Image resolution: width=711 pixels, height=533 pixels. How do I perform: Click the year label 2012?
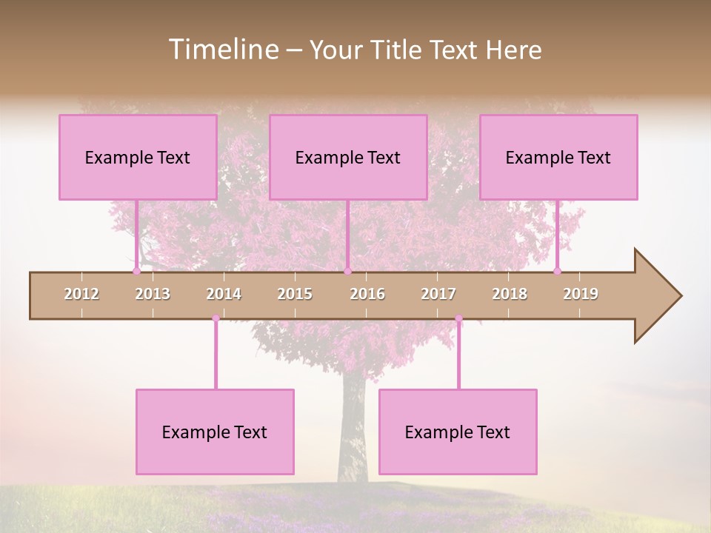[81, 294]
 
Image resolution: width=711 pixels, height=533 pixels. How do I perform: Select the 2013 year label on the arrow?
[153, 294]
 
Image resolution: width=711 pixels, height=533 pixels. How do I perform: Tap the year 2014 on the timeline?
[224, 294]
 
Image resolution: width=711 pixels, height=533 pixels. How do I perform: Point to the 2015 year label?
[295, 294]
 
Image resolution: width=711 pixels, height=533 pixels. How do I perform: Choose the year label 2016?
[367, 294]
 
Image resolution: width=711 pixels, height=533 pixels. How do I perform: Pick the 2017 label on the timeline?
[438, 294]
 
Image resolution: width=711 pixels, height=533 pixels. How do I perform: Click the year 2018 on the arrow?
[510, 294]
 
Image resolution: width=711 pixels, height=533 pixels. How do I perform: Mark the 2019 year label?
[581, 294]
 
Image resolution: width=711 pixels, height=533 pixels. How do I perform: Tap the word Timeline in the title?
[222, 50]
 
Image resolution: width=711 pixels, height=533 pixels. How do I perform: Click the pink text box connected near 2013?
[138, 157]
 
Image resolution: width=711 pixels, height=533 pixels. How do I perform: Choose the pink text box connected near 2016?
[348, 157]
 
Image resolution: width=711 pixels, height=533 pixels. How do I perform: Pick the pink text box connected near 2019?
[558, 157]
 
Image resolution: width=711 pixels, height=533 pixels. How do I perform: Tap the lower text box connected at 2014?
[215, 432]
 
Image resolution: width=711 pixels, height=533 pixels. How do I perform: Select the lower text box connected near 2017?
[458, 432]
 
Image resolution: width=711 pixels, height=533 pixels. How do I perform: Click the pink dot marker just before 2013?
[136, 271]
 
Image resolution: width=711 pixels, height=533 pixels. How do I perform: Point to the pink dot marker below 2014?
[216, 318]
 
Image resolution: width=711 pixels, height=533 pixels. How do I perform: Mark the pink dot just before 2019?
[557, 271]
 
